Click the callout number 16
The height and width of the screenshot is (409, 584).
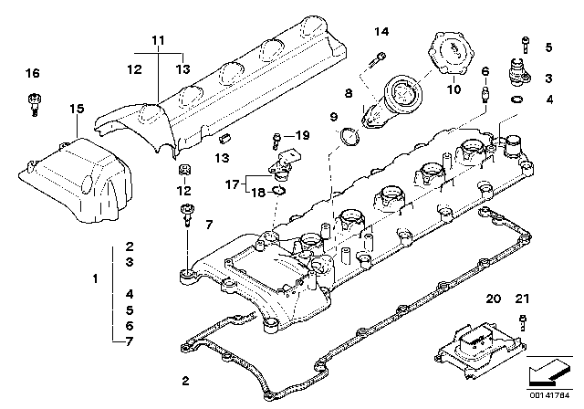click(32, 74)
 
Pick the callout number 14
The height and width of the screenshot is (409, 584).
click(381, 32)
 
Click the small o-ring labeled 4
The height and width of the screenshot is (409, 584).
click(517, 99)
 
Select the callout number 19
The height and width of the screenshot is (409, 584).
click(303, 135)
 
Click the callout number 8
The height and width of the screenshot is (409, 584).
click(348, 92)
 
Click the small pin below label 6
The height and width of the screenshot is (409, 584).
click(486, 91)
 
